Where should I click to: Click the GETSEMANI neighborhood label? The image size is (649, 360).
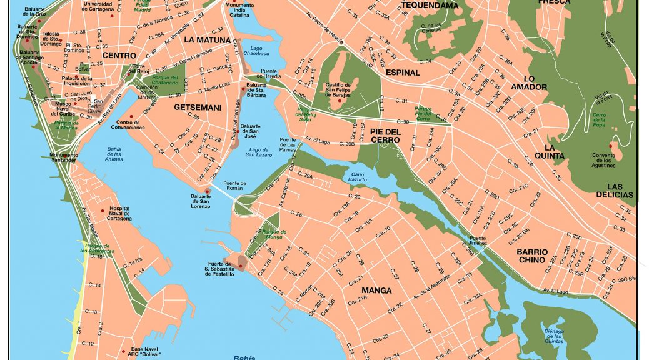point(198,107)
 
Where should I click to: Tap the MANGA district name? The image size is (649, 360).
point(376,291)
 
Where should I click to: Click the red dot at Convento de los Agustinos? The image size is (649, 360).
point(611,146)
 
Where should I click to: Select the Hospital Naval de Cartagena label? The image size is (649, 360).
point(120,214)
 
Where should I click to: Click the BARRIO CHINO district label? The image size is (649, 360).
point(532,256)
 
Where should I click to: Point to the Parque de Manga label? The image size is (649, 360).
point(273,234)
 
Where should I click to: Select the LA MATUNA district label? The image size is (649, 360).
point(208,39)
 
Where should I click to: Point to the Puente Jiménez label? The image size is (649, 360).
point(478,241)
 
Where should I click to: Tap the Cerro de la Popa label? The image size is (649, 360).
point(599,120)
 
